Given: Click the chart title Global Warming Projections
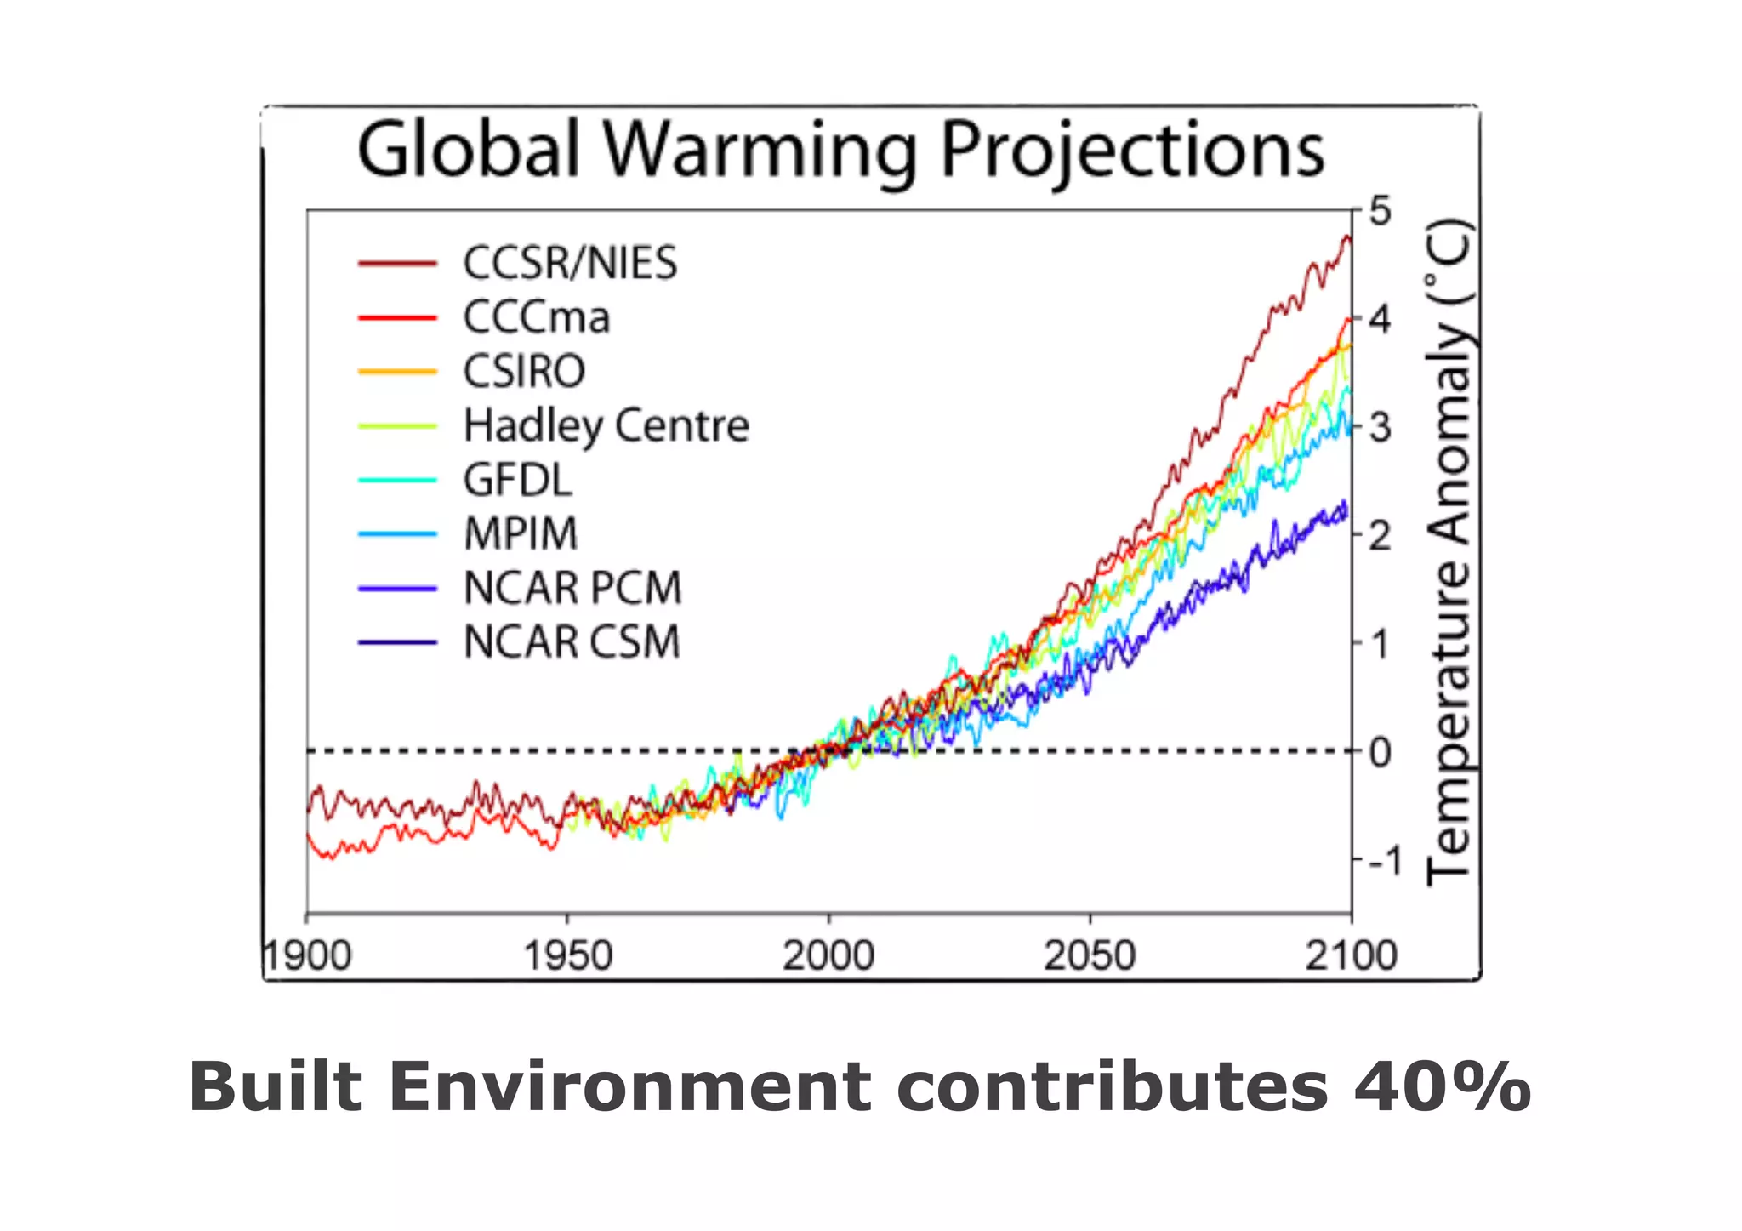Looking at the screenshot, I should pyautogui.click(x=840, y=151).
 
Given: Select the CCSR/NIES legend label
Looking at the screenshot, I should pyautogui.click(x=570, y=263).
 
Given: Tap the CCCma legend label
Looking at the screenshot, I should pyautogui.click(x=537, y=317).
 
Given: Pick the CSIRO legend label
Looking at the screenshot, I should pyautogui.click(x=524, y=372).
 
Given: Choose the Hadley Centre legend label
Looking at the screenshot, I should pyautogui.click(x=606, y=425).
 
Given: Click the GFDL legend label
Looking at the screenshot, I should pyautogui.click(x=518, y=480).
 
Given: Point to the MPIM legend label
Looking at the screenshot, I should pyautogui.click(x=521, y=534).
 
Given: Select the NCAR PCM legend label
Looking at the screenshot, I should pyautogui.click(x=572, y=588).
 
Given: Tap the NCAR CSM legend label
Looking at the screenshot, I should pyautogui.click(x=572, y=642).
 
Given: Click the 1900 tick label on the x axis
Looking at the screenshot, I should pyautogui.click(x=307, y=956).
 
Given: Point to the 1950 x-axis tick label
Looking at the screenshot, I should pyautogui.click(x=567, y=956).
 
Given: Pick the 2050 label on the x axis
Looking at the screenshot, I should pyautogui.click(x=1090, y=956).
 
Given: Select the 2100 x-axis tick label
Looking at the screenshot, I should pyautogui.click(x=1352, y=956).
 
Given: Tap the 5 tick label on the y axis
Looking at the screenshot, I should pyautogui.click(x=1381, y=211).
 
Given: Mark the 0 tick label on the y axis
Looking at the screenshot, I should pyautogui.click(x=1381, y=752).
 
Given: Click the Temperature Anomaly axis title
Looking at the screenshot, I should pyautogui.click(x=1449, y=553).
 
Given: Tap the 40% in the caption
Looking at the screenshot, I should pyautogui.click(x=1443, y=1087).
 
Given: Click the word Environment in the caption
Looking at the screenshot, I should pyautogui.click(x=630, y=1087).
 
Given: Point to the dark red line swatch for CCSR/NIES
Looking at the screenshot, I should pyautogui.click(x=397, y=264).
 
